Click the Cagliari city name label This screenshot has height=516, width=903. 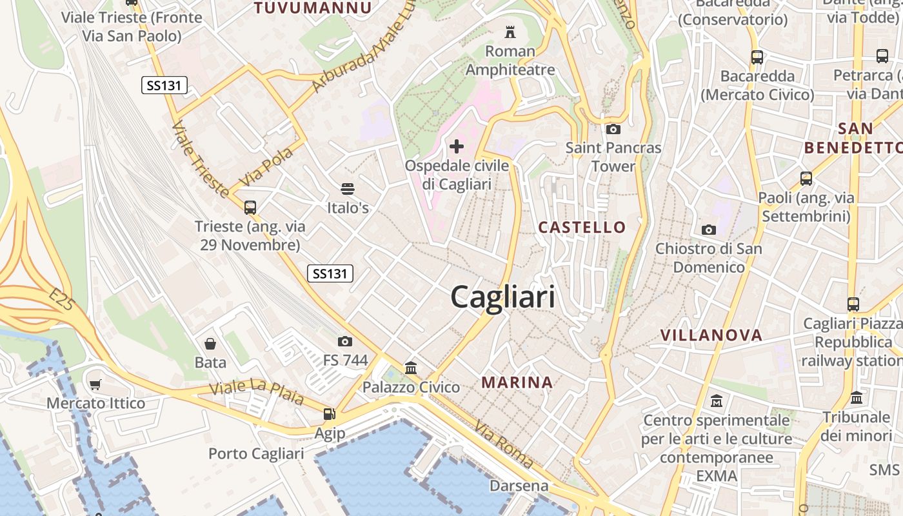(502, 297)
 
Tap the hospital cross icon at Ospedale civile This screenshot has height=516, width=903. (457, 146)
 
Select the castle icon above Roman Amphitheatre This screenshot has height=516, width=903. (510, 32)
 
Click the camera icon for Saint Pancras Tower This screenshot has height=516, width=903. (613, 129)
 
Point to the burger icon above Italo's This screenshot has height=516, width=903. (348, 189)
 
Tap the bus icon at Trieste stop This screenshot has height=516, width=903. (250, 208)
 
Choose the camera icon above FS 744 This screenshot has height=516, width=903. (345, 341)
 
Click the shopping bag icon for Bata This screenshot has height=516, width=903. (210, 343)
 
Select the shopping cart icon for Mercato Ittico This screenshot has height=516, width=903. (95, 385)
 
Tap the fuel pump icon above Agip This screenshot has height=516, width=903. (329, 414)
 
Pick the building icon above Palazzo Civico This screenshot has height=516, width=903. (411, 368)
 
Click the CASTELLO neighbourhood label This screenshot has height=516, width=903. (582, 227)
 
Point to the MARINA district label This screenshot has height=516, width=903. (517, 382)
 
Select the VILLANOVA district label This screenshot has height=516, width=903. (711, 335)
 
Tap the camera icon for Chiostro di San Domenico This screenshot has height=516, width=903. (708, 230)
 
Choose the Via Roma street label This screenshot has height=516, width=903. (504, 444)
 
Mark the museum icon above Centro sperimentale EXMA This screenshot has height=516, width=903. (716, 401)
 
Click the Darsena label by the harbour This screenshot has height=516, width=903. (519, 486)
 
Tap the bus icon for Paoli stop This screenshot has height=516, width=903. (806, 179)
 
